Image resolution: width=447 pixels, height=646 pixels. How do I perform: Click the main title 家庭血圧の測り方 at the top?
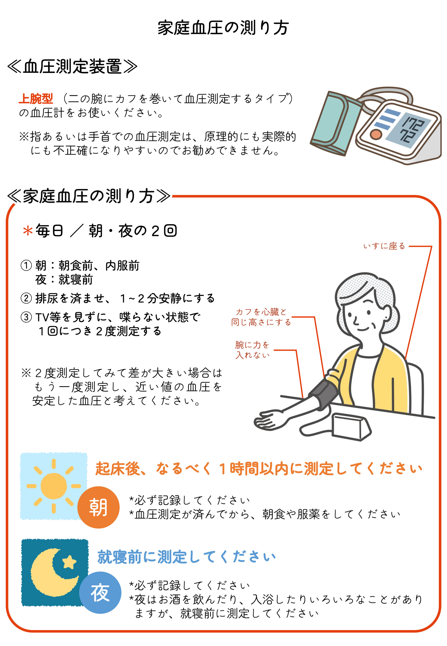[x=223, y=28]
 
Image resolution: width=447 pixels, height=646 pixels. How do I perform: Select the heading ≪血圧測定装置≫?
[x=72, y=67]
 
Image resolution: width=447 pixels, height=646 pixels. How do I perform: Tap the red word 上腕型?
[x=36, y=99]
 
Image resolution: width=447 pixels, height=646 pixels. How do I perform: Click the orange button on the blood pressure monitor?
[x=375, y=134]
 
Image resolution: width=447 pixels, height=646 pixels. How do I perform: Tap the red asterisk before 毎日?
[x=28, y=231]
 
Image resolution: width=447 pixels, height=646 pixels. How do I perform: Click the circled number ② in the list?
[x=26, y=298]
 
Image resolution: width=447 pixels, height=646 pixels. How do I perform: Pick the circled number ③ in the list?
[x=26, y=317]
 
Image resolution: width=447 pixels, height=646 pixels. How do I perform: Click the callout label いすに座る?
[x=384, y=246]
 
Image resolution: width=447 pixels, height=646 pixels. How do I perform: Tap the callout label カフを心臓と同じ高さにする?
[x=261, y=317]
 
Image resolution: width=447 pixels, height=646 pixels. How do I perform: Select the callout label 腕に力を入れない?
[x=252, y=350]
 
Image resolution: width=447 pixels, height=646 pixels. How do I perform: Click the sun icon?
[x=53, y=486]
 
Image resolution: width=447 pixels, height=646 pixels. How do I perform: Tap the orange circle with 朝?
[x=98, y=508]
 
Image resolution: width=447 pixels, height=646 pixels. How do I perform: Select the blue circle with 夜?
[x=100, y=593]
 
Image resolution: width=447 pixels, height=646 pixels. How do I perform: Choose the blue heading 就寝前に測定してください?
[x=186, y=557]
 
